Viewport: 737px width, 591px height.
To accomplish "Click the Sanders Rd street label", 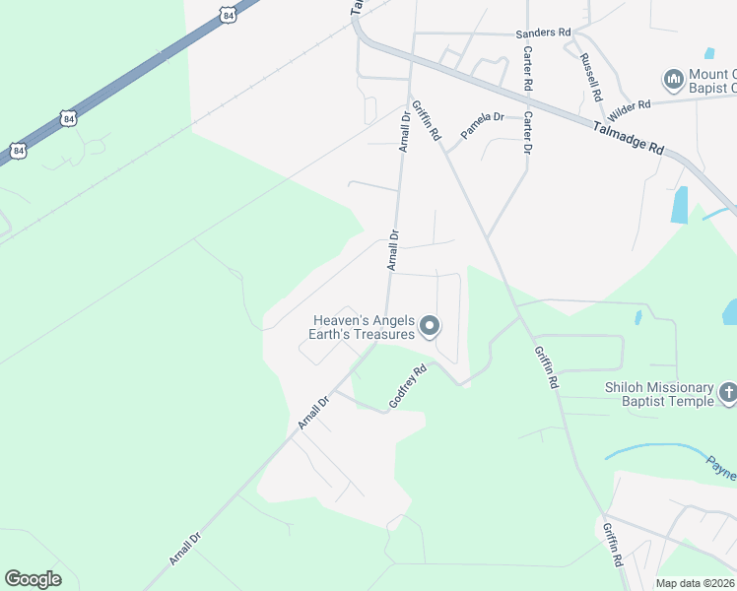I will [x=544, y=33].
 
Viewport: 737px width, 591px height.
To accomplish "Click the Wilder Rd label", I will [x=631, y=104].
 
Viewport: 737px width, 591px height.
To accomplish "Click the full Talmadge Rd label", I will [x=629, y=137].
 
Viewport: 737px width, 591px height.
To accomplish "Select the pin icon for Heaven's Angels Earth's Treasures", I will [x=430, y=325].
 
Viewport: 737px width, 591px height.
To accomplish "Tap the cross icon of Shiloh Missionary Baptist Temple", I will [x=727, y=394].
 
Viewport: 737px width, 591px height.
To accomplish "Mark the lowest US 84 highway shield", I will [x=19, y=150].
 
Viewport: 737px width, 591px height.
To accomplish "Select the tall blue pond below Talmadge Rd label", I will [x=679, y=204].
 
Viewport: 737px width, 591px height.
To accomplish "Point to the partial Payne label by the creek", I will [x=720, y=464].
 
